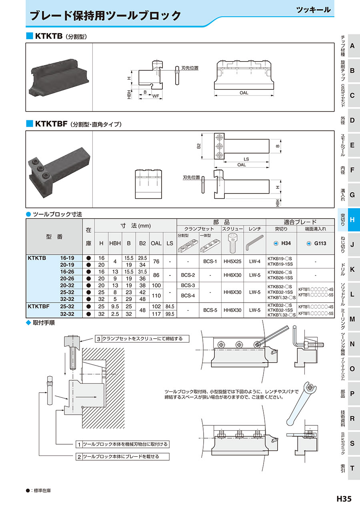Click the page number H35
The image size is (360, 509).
(x=344, y=499)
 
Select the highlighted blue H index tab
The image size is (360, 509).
(x=352, y=220)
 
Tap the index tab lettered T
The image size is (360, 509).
(x=352, y=468)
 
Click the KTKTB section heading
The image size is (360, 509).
(x=48, y=36)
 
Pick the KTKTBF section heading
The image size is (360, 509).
(x=51, y=124)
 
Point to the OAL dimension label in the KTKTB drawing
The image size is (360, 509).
(x=244, y=93)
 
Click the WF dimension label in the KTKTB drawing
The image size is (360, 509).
(x=157, y=96)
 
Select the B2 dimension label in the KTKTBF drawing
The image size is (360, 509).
(x=199, y=146)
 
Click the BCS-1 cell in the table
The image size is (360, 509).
(x=210, y=261)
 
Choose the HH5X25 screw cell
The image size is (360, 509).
(x=232, y=261)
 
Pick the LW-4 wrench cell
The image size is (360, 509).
(x=255, y=261)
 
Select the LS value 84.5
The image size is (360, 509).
(x=170, y=307)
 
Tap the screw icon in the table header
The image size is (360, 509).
(x=232, y=243)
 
